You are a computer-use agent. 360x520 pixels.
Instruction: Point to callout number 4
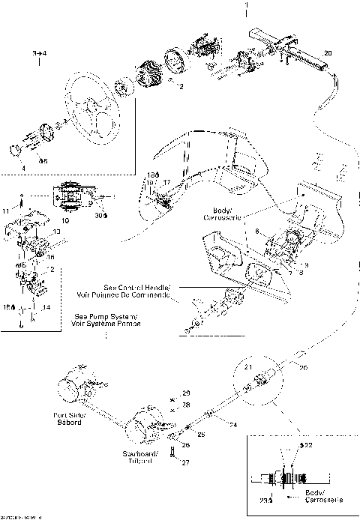tap(23, 168)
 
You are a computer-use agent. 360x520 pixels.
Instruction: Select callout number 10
tap(64, 222)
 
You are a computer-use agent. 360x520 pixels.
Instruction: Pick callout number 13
tap(55, 232)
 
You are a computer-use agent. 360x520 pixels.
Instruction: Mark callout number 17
tap(166, 181)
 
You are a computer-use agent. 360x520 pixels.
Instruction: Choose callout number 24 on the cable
tap(233, 424)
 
